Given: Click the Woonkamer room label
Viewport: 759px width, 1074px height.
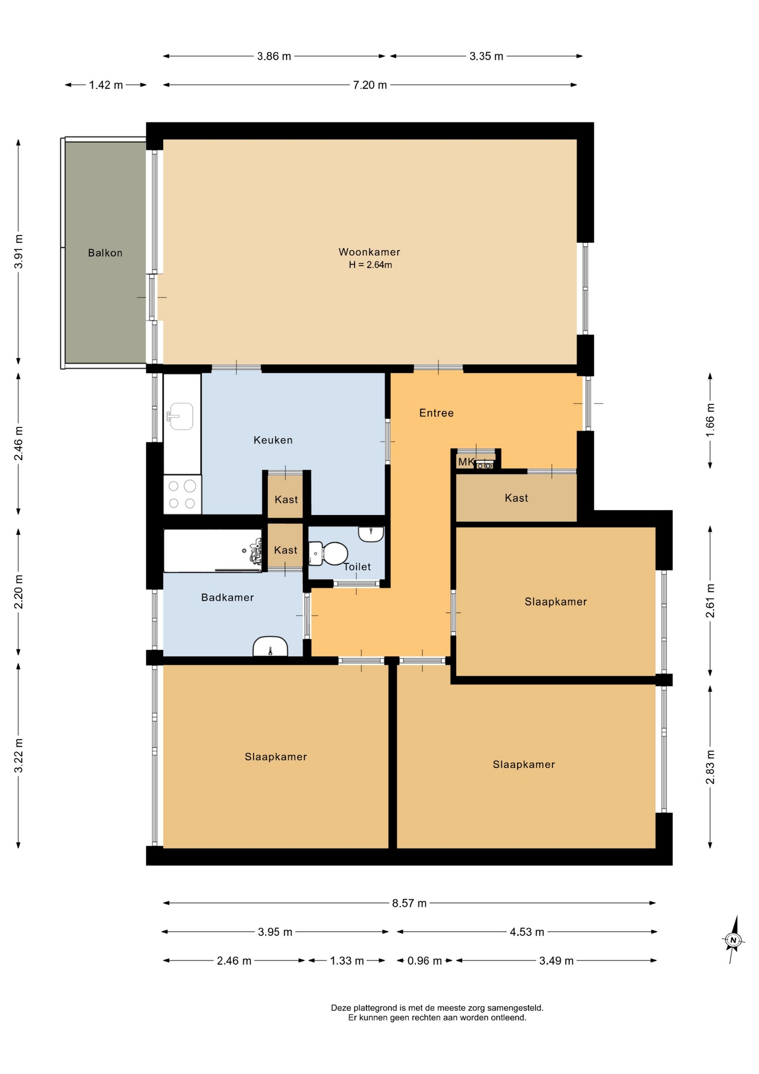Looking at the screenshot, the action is coord(369,252).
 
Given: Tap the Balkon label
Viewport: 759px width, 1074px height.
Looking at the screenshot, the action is coord(105,253).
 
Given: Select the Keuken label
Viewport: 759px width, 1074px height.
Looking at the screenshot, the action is coord(273,440).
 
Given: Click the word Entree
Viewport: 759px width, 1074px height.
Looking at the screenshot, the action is coord(437,413).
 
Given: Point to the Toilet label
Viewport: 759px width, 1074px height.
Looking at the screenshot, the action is coord(357,567).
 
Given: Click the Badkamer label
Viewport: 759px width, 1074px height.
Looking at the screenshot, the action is coord(227,597).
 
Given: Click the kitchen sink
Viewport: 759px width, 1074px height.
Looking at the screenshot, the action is coord(180,416).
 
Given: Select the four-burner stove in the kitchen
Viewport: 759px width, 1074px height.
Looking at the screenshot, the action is coord(182,494).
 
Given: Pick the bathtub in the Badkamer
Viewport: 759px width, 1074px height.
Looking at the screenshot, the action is coord(213,550).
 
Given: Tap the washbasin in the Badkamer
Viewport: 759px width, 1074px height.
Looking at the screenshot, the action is coord(271,647).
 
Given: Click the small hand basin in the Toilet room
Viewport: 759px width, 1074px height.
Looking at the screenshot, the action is coord(371,534).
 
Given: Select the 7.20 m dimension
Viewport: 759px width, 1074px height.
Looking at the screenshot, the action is coord(370,85).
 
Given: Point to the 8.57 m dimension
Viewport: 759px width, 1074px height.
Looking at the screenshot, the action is coord(410,903).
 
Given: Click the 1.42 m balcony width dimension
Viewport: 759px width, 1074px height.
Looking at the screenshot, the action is coord(106,85).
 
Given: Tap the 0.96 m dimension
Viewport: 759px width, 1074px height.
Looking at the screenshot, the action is coord(425,961).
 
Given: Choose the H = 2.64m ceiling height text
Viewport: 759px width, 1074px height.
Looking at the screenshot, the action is coord(371,265).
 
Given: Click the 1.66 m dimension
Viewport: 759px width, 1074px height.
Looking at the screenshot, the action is coord(710,421).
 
